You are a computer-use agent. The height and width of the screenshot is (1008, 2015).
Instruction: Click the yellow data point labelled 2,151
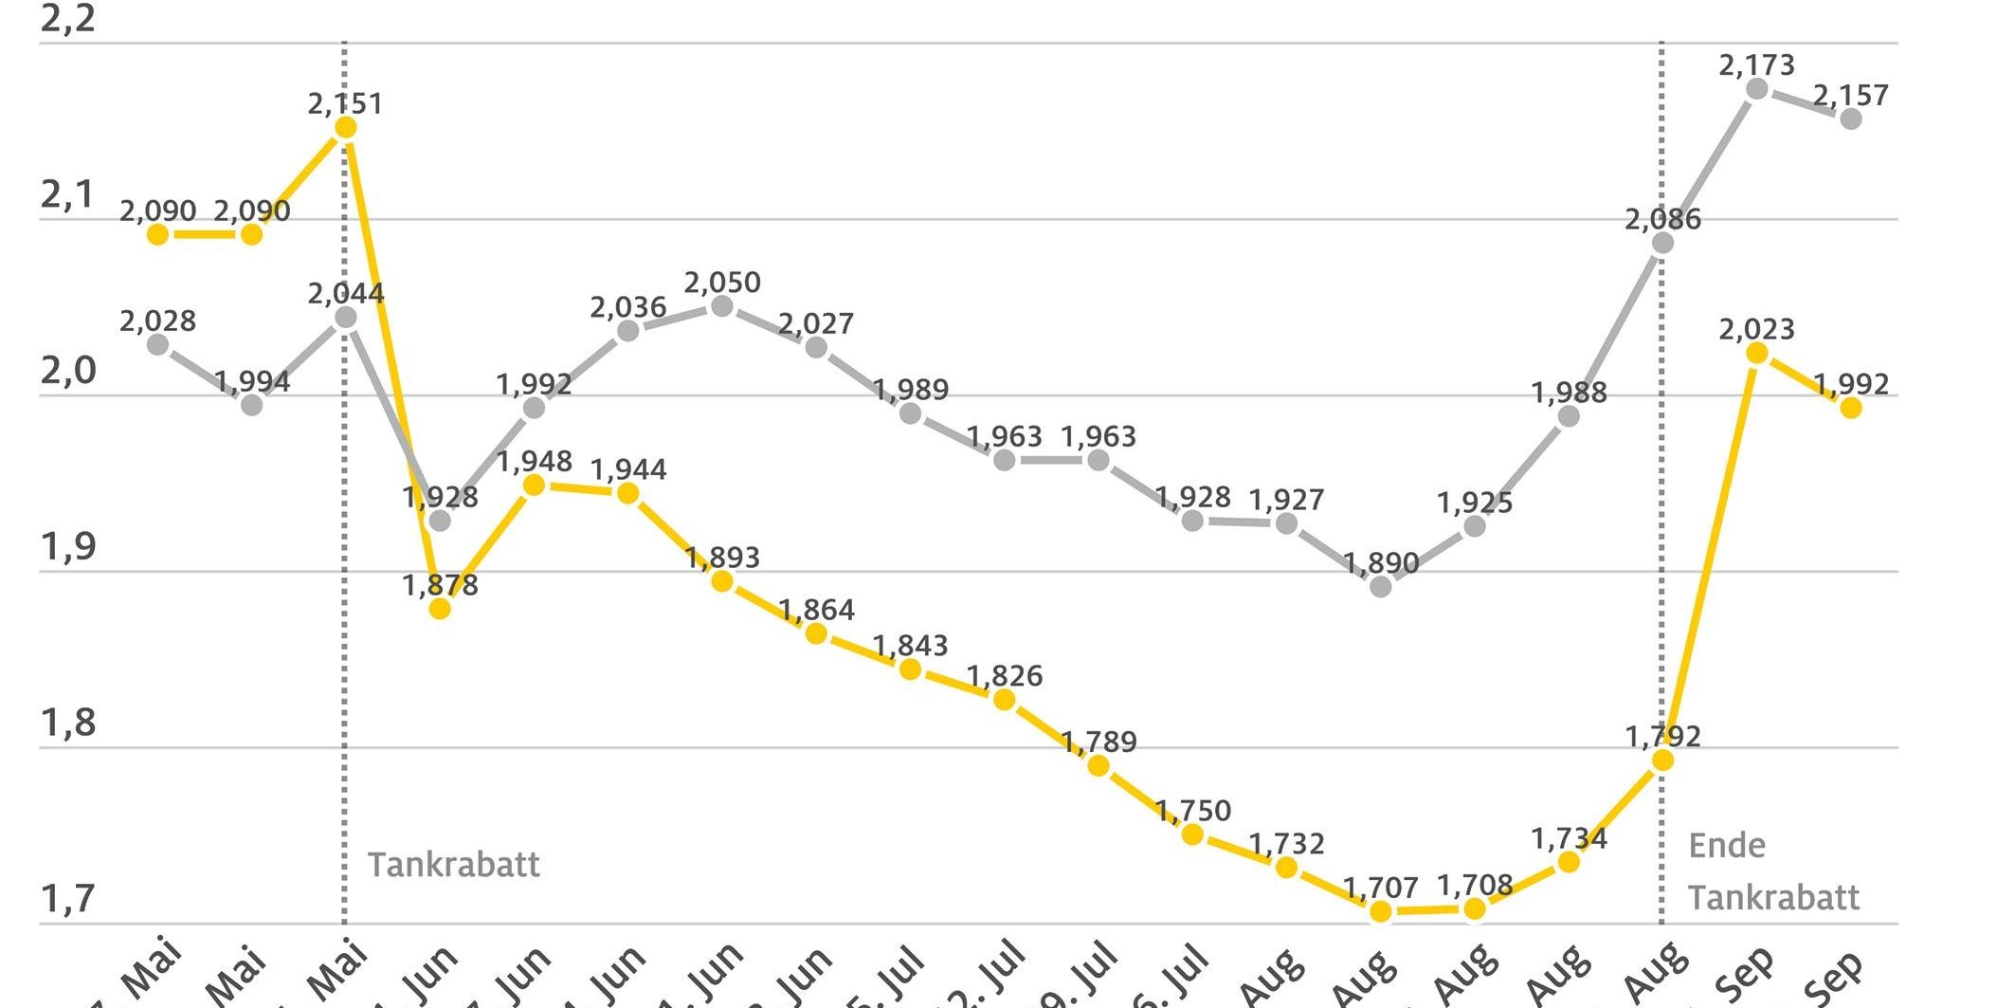345,127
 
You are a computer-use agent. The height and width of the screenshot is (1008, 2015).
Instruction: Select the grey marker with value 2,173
1756,89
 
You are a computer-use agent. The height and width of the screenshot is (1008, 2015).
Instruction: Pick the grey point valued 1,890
1381,586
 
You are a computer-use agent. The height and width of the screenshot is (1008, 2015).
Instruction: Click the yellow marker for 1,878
440,608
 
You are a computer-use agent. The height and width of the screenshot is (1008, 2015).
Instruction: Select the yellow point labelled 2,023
1756,353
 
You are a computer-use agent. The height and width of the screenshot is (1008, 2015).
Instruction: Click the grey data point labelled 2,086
1662,243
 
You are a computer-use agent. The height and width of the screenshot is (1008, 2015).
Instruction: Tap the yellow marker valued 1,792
1662,761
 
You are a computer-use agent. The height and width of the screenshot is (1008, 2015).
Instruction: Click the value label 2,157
1850,96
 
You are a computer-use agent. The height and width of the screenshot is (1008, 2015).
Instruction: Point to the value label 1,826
1004,676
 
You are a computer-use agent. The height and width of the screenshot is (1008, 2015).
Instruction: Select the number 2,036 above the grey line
627,307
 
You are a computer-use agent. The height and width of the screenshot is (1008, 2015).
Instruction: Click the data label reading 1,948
534,462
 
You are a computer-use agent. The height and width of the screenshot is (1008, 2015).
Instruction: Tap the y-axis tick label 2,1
67,195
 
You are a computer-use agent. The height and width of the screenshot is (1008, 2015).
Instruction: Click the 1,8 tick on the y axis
67,724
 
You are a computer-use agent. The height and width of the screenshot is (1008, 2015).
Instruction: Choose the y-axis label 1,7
67,899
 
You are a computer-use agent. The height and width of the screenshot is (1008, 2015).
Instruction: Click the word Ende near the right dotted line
1727,845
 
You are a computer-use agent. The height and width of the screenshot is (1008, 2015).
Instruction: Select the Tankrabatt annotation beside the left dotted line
453,865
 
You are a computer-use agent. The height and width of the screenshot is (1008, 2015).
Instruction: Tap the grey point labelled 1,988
1569,415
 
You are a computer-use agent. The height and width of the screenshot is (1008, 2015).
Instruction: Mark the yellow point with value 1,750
1192,834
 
